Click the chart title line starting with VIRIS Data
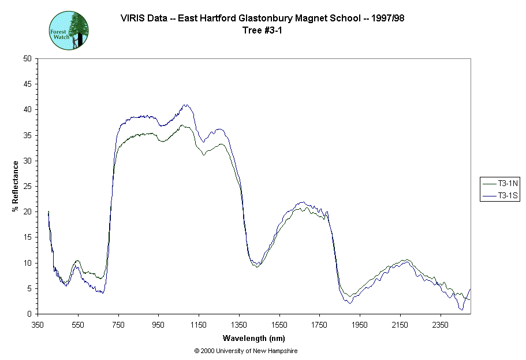point(263,18)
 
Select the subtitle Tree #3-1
point(263,31)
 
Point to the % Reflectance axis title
point(16,186)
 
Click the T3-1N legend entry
point(501,183)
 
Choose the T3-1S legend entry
point(501,196)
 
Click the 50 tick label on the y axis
point(27,58)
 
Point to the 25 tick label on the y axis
point(27,186)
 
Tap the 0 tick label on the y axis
point(29,314)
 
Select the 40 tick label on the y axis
point(27,110)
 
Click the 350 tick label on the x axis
point(38,325)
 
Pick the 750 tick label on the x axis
point(118,325)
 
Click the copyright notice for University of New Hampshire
point(246,351)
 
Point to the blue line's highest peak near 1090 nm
point(185,105)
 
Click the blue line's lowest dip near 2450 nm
point(461,310)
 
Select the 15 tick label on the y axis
point(27,237)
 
